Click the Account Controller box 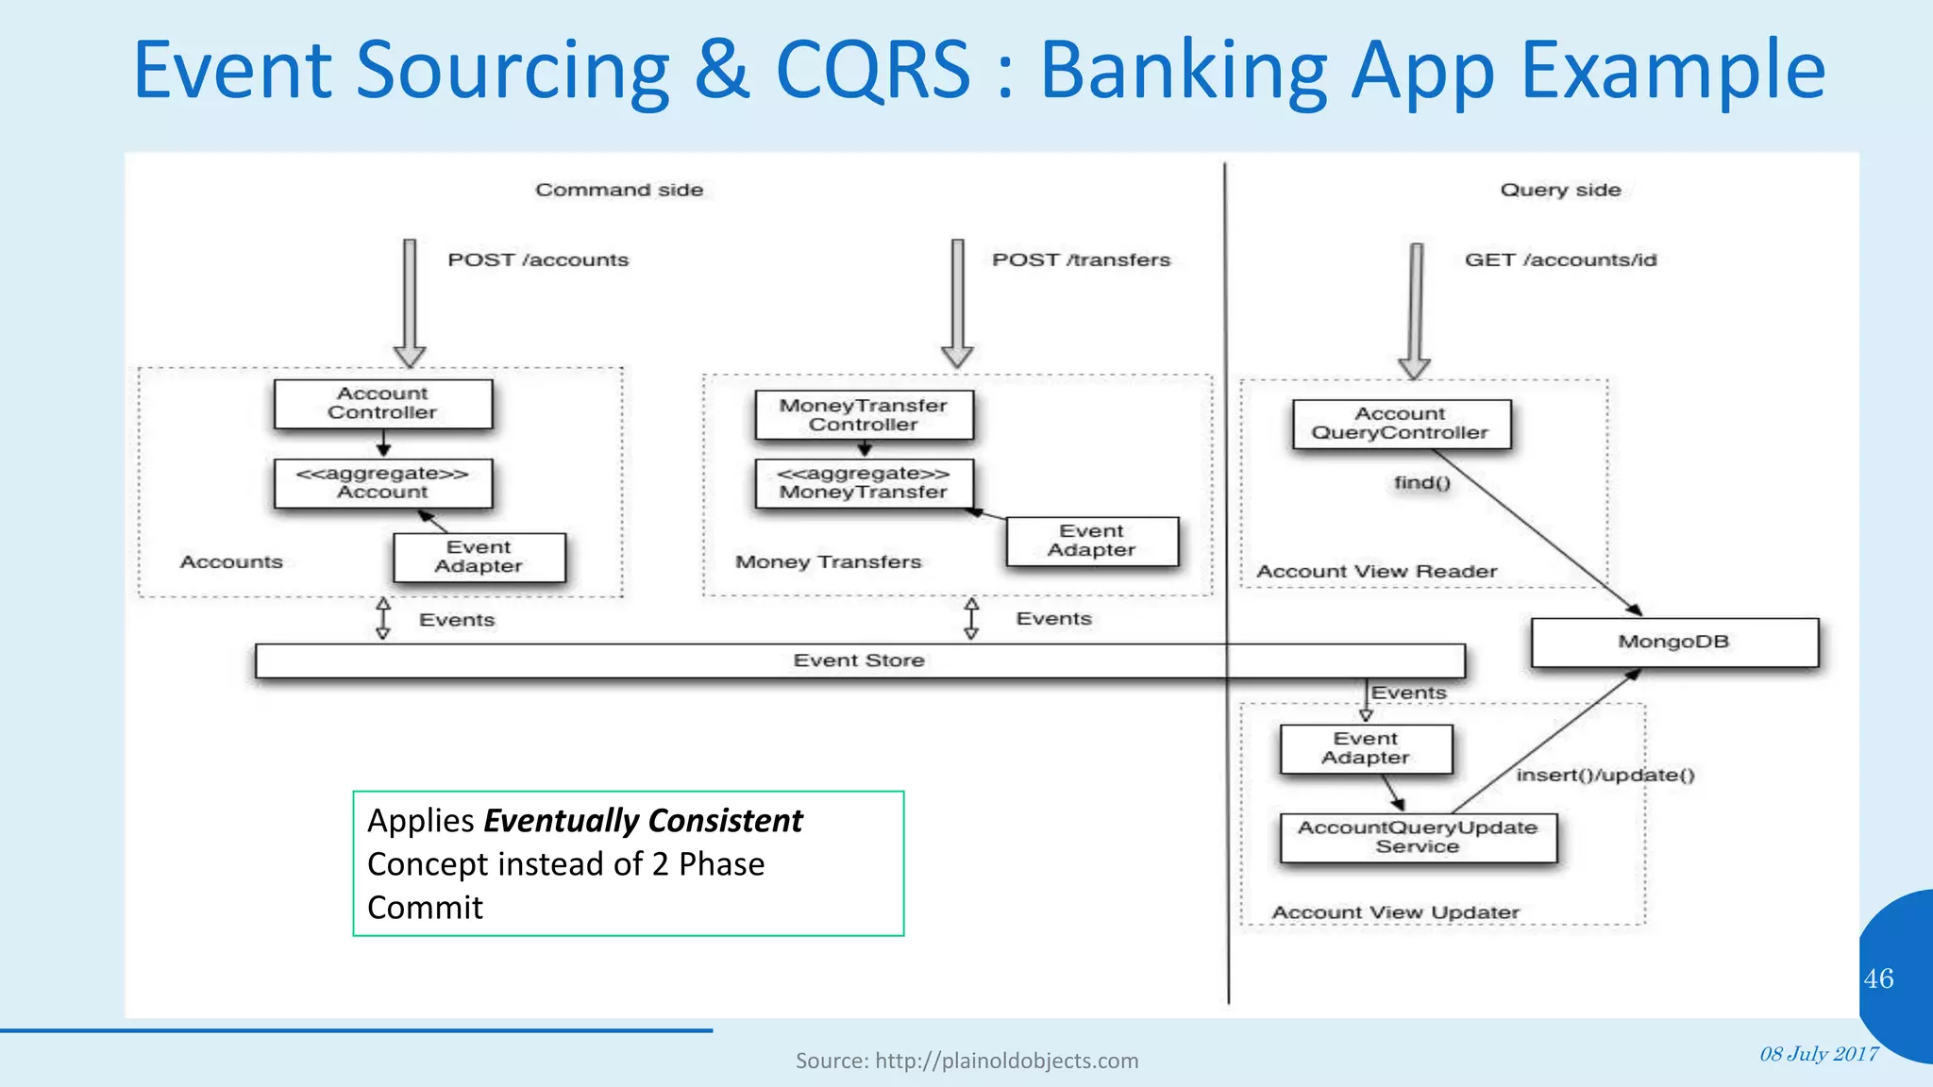[382, 404]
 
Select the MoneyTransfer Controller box [863, 415]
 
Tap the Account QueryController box [1401, 424]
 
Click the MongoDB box [1673, 643]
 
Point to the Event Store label [859, 661]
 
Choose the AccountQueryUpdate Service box [1417, 837]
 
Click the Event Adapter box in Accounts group [479, 557]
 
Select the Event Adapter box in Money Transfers [1091, 541]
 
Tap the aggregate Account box [382, 483]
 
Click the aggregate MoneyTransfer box [863, 483]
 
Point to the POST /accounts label [538, 260]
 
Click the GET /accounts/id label [1560, 260]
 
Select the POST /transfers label [1081, 260]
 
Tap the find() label [1421, 483]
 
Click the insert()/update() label [1605, 776]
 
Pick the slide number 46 [1878, 978]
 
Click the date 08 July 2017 [1819, 1054]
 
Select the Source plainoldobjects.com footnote [966, 1061]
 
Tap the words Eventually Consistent [643, 821]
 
